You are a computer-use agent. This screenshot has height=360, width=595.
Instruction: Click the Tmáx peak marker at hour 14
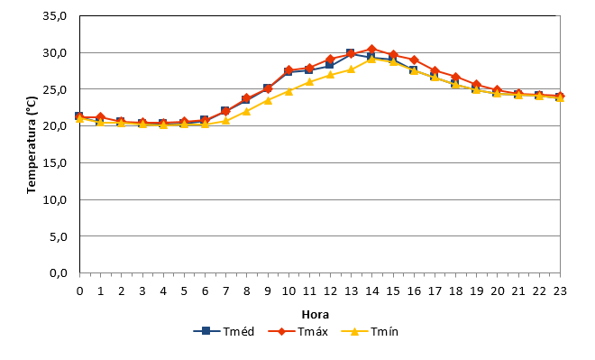click(371, 49)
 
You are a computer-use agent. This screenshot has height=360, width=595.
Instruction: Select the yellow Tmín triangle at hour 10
click(288, 91)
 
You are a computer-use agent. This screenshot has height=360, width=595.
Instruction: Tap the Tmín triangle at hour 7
click(225, 120)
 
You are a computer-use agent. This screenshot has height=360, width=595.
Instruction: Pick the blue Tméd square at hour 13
click(351, 53)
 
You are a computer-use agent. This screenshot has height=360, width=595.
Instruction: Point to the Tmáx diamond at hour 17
click(435, 71)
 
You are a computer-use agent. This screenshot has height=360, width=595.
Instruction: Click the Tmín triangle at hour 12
click(330, 74)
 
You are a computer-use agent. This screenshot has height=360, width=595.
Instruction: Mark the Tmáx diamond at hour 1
click(101, 117)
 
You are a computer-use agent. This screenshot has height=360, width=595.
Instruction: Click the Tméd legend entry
click(224, 331)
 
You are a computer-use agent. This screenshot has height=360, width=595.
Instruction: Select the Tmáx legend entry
click(297, 331)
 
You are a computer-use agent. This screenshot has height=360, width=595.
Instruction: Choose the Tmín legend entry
click(370, 331)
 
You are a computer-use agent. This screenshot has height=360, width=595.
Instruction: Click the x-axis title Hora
click(316, 314)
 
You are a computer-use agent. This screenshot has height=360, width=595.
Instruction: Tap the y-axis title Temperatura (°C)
click(32, 144)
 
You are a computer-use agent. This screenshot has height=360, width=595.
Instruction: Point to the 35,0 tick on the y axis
click(55, 16)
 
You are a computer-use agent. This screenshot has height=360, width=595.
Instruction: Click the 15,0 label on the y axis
click(55, 163)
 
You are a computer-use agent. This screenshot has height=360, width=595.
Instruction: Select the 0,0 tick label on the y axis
click(58, 272)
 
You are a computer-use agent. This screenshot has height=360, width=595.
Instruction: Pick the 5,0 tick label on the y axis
click(58, 236)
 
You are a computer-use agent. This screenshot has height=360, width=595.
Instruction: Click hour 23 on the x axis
click(560, 291)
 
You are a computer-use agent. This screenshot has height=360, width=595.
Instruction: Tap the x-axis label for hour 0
click(79, 291)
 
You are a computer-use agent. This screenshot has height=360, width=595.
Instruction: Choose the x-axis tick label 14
click(371, 291)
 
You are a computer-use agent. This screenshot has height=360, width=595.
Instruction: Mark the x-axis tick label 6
click(205, 291)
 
